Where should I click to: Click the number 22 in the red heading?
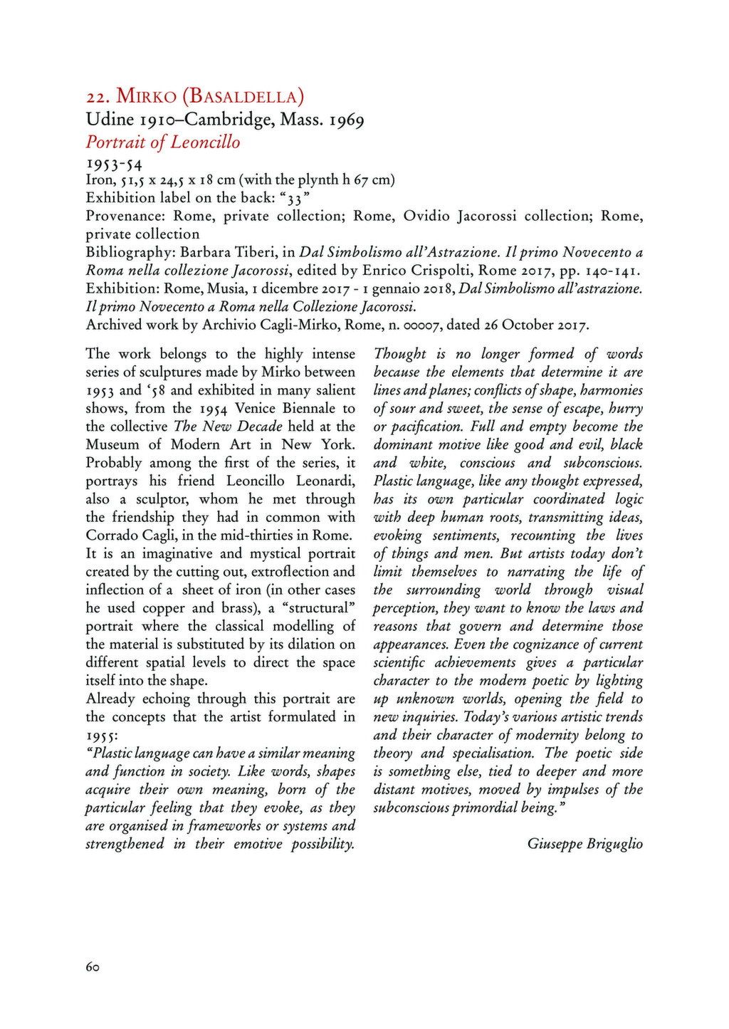(x=95, y=96)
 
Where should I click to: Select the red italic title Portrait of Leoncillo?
(x=163, y=142)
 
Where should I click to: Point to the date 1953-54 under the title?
(x=114, y=164)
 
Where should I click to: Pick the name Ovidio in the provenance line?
(x=426, y=216)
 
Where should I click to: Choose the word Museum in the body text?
(x=112, y=444)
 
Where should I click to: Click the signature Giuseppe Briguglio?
(x=584, y=844)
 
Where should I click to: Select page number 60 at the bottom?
(x=93, y=967)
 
